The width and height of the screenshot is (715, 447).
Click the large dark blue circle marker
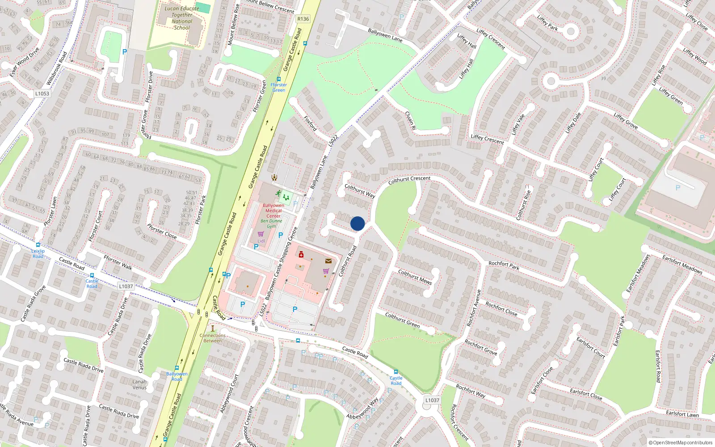357,223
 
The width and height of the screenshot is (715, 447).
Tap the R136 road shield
303,19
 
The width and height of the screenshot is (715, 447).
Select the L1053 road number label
42,93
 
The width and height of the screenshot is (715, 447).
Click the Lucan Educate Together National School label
182,18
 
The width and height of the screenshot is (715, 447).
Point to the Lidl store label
261,241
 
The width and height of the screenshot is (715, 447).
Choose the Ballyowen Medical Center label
273,211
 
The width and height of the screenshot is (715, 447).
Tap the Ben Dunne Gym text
271,223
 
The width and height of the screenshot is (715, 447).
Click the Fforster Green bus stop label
278,87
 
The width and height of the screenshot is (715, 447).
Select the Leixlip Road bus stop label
38,253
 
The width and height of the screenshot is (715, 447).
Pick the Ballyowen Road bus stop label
177,376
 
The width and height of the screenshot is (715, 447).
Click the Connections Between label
213,338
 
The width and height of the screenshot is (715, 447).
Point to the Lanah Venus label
139,384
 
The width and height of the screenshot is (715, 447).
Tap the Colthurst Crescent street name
409,180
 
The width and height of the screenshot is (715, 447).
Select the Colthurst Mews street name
415,277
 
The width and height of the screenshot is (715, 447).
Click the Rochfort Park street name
504,266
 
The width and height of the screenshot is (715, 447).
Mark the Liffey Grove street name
626,121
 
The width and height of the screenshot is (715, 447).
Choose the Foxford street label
310,123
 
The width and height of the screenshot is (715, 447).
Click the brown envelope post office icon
328,261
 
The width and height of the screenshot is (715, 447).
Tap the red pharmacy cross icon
301,255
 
